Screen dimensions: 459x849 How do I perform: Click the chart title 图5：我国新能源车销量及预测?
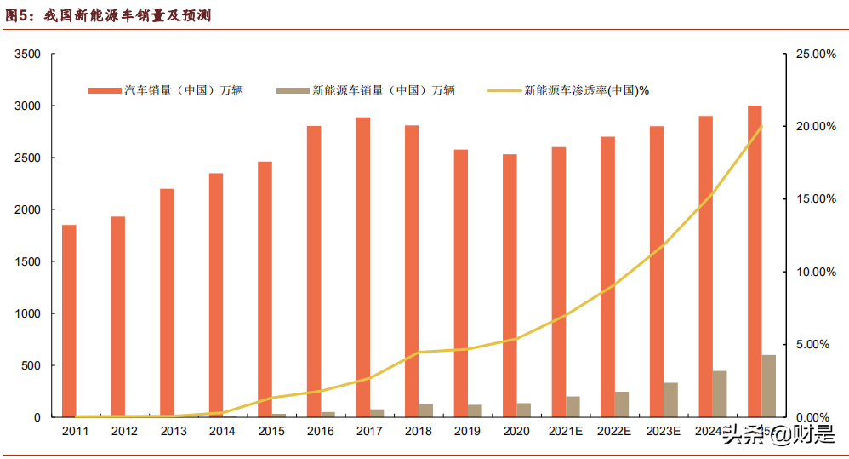tap(107, 15)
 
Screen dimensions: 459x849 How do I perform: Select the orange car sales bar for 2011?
tap(69, 321)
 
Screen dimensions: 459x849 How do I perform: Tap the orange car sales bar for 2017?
tap(362, 267)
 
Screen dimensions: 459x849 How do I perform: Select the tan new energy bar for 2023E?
tap(671, 400)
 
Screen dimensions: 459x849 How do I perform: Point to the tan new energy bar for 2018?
tap(426, 410)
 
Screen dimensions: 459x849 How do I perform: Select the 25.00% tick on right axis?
tap(816, 55)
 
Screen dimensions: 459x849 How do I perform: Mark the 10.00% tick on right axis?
tap(816, 273)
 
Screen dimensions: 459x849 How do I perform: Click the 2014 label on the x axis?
tap(222, 432)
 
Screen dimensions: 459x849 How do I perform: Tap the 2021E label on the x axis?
tap(566, 432)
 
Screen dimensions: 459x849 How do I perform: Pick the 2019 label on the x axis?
tap(467, 432)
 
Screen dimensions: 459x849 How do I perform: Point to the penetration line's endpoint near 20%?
tap(761, 126)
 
